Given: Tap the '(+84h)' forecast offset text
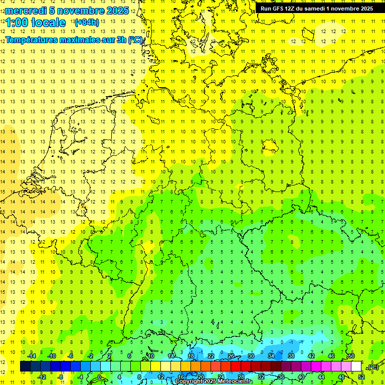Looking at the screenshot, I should click(x=86, y=23).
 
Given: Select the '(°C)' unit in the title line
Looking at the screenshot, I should click(x=135, y=40).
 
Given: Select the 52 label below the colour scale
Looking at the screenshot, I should click(x=361, y=377).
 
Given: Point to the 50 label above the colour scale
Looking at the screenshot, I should click(x=351, y=356).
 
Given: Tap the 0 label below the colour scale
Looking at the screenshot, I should click(x=99, y=377).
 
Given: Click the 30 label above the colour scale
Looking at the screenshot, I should click(x=251, y=356).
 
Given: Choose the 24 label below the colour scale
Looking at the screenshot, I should click(x=221, y=377).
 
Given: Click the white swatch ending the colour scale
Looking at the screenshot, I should click(x=356, y=366).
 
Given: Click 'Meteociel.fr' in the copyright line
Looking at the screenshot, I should click(x=234, y=381).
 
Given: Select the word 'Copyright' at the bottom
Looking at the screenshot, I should click(x=189, y=381).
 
